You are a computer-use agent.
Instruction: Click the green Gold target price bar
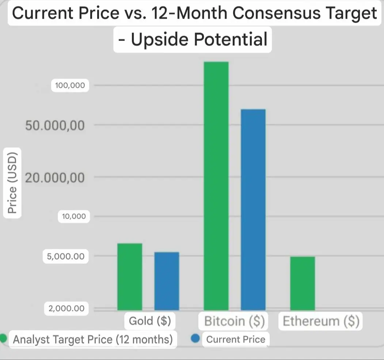tap(130, 277)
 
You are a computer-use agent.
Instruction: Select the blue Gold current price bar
tap(167, 281)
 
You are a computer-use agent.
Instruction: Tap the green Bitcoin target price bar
tap(216, 186)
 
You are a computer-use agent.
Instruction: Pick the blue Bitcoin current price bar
tap(253, 209)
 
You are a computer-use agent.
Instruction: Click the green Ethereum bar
tap(302, 283)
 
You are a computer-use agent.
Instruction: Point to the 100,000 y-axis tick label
tap(70, 86)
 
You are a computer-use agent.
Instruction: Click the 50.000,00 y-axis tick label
tap(55, 125)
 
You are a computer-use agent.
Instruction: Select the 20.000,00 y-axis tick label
tap(55, 178)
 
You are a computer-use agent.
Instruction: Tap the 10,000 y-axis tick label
tap(74, 216)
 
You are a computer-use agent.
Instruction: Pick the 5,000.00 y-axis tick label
tap(66, 256)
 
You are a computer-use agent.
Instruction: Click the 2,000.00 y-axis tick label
tap(66, 308)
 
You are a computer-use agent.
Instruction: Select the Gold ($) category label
tap(150, 321)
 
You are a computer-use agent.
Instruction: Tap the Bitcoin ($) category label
tap(234, 321)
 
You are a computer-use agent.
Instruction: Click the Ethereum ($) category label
tap(321, 321)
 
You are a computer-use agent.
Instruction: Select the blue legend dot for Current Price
tap(195, 339)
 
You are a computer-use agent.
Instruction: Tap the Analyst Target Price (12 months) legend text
tap(93, 340)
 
